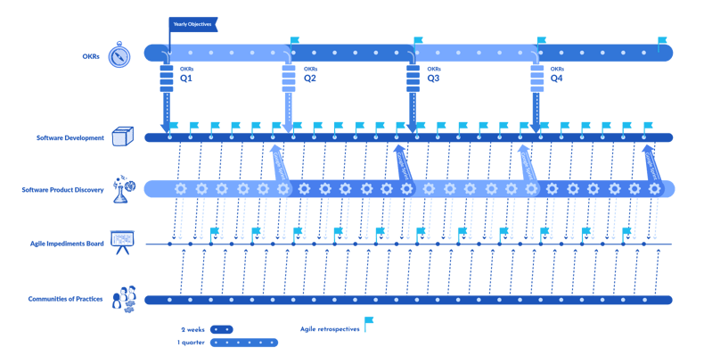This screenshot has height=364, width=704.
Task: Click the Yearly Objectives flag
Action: click(x=192, y=24)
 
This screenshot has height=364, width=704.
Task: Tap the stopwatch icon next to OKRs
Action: click(x=119, y=55)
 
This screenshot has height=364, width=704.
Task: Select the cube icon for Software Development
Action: click(x=122, y=136)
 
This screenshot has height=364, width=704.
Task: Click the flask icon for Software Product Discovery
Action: click(x=122, y=188)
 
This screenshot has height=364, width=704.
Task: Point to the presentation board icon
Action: click(x=121, y=241)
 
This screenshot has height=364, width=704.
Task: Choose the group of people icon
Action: click(x=122, y=298)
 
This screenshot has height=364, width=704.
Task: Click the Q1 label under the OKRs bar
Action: click(x=186, y=79)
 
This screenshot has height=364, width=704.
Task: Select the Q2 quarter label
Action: click(x=310, y=79)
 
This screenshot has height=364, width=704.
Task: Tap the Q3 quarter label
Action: click(x=433, y=79)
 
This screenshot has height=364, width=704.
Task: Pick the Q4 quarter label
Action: click(x=557, y=79)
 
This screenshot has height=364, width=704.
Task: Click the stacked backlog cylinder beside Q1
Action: click(x=166, y=79)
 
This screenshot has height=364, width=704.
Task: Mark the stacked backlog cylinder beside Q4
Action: click(x=536, y=79)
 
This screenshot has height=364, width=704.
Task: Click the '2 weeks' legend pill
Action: click(x=221, y=328)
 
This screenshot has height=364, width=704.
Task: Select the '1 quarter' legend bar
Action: click(x=243, y=343)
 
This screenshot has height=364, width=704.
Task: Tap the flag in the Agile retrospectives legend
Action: click(x=368, y=323)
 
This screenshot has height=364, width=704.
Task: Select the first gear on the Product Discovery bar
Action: click(x=181, y=189)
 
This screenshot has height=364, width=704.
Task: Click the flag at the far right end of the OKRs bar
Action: click(x=661, y=42)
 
